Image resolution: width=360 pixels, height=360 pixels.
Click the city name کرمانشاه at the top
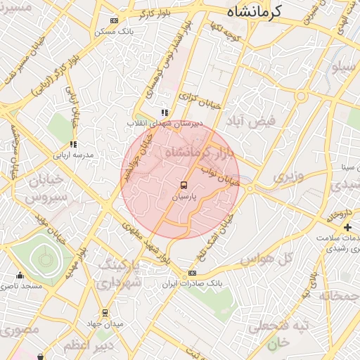coord(255,11)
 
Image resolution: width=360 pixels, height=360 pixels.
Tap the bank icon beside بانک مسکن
coord(115,21)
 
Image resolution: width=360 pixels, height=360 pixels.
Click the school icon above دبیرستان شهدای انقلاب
coord(165,112)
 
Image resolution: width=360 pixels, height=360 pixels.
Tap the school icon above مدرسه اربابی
coord(74,144)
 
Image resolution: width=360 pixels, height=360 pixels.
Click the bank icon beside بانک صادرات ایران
coord(192,274)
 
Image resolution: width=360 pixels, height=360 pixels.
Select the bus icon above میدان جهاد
coord(105,313)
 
